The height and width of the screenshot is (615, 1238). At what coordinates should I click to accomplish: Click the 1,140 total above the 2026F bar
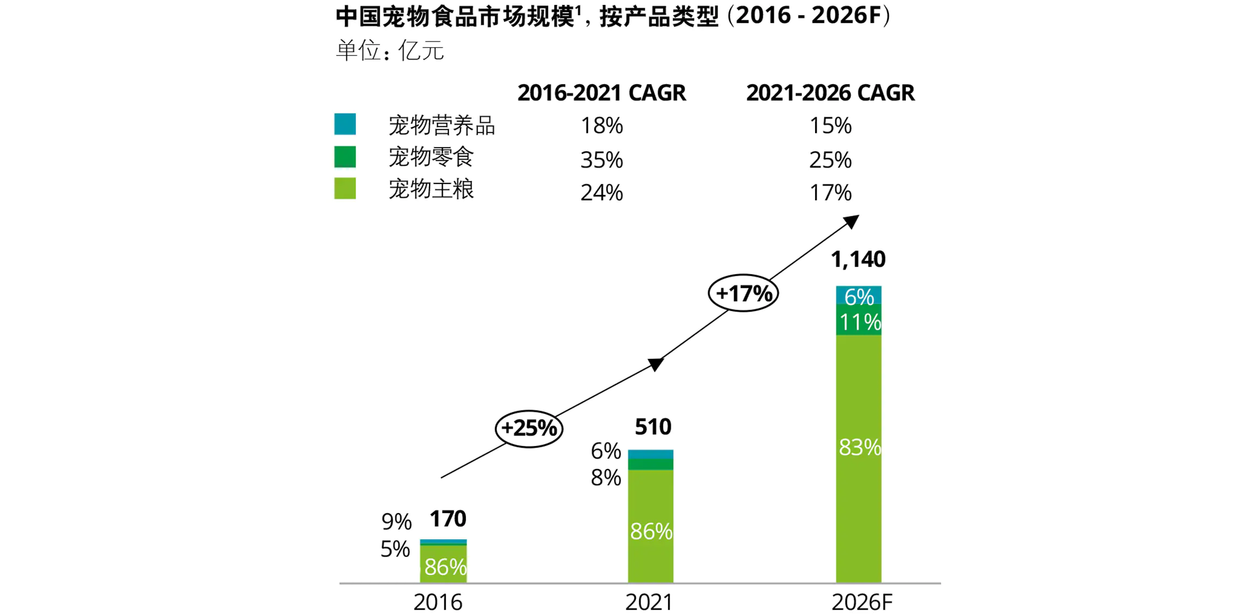tap(857, 259)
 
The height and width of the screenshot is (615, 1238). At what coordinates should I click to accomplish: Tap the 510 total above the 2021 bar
tap(653, 427)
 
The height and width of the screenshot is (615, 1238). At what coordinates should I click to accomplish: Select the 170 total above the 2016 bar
tap(447, 519)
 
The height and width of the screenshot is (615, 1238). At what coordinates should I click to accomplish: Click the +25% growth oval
tap(529, 428)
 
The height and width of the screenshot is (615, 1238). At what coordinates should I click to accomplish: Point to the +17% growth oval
tap(743, 293)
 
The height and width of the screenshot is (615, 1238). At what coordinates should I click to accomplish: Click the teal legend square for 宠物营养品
tap(345, 124)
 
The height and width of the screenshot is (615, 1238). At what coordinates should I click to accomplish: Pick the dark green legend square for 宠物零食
tap(345, 157)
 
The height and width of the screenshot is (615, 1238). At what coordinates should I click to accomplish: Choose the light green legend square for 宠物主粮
tap(345, 188)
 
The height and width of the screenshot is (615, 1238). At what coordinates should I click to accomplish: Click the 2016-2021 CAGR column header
tap(601, 93)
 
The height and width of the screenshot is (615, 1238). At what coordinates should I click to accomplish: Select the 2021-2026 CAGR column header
tap(830, 93)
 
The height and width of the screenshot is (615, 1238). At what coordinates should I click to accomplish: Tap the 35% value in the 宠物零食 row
tap(601, 160)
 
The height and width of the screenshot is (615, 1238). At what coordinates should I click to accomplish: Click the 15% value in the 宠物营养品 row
tap(830, 126)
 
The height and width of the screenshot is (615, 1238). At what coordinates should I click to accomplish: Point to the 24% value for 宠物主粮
tap(601, 193)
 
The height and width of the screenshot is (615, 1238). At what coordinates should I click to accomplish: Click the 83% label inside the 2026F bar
tap(859, 448)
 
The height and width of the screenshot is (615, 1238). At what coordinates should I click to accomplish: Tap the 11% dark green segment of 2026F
tap(859, 322)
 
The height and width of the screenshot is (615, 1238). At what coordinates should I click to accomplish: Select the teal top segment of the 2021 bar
tap(650, 454)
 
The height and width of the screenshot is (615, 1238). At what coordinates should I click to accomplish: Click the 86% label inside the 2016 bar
tap(445, 567)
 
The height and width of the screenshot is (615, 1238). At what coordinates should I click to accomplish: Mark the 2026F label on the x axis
tap(861, 602)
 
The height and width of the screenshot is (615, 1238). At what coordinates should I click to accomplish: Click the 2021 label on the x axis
tap(649, 602)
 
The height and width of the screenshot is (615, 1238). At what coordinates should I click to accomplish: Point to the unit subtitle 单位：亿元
tap(390, 51)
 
